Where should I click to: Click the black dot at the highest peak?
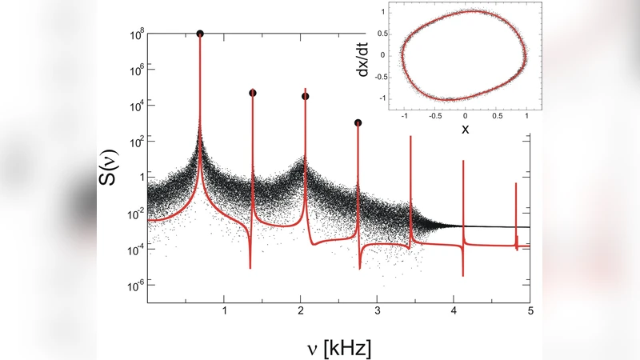tap(199, 34)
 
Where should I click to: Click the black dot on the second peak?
tap(253, 93)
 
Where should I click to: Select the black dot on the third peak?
tap(306, 96)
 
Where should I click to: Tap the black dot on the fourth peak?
tap(358, 122)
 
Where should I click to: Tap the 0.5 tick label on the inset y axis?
tap(384, 34)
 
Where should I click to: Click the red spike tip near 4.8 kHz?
tap(516, 184)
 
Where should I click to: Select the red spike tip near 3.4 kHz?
tap(410, 137)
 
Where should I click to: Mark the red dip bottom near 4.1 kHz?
tap(463, 275)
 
